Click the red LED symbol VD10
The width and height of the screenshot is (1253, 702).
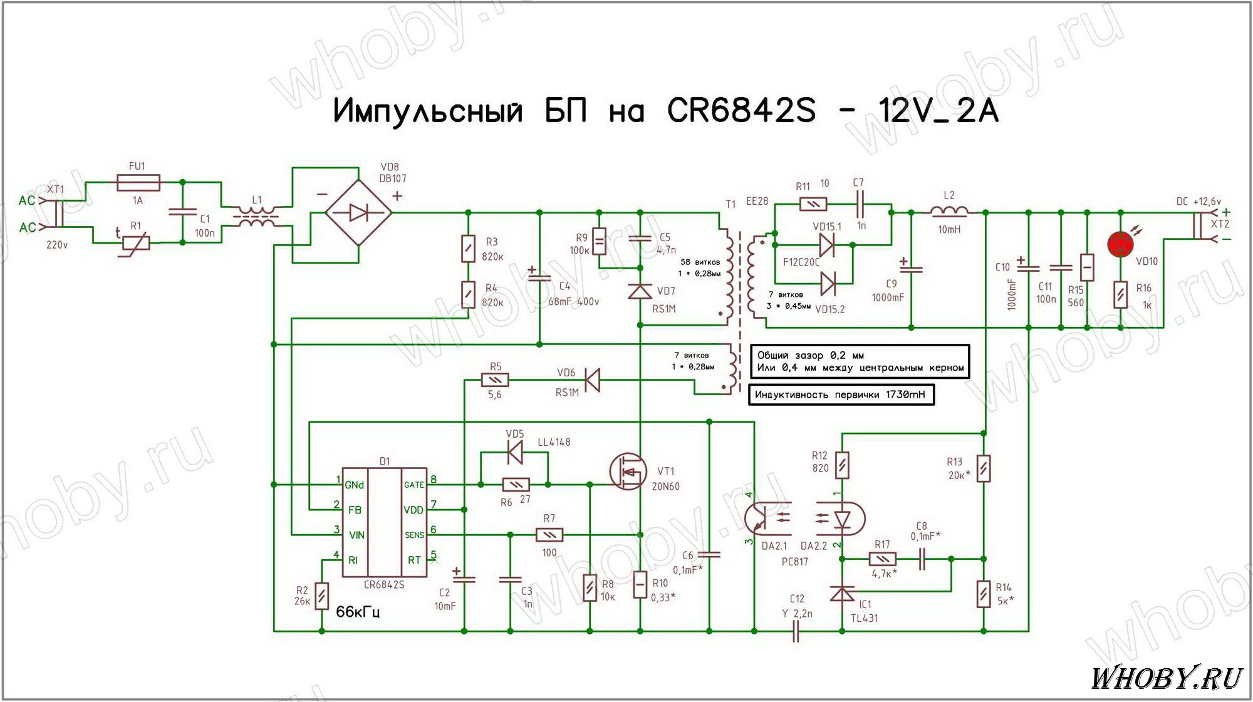click(x=1120, y=244)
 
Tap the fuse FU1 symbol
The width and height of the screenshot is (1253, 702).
click(x=138, y=183)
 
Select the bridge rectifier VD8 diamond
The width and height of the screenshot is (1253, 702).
click(x=358, y=213)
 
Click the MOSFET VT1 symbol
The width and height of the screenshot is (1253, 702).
click(x=628, y=472)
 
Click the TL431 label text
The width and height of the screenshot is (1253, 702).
click(x=864, y=618)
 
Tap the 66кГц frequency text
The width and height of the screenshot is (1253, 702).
click(x=358, y=612)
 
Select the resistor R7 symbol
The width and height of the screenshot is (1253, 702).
click(x=549, y=535)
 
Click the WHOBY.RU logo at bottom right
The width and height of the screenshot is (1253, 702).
click(x=1166, y=678)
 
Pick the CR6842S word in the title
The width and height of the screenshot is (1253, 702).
click(x=741, y=111)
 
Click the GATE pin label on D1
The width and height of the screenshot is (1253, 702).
click(x=413, y=485)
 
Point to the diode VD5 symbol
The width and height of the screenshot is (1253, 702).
click(x=515, y=452)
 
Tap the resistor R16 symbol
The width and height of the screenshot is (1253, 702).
click(x=1121, y=294)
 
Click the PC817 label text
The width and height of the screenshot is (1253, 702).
click(x=794, y=562)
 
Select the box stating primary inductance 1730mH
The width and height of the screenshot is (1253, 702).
click(x=841, y=395)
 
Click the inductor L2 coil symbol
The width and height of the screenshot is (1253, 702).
click(x=949, y=212)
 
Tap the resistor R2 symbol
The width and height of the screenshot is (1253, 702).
click(x=321, y=596)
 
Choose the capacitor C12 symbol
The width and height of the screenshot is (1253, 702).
click(x=796, y=632)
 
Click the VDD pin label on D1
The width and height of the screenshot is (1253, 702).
click(x=413, y=510)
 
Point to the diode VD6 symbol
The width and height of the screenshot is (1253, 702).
click(x=591, y=380)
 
